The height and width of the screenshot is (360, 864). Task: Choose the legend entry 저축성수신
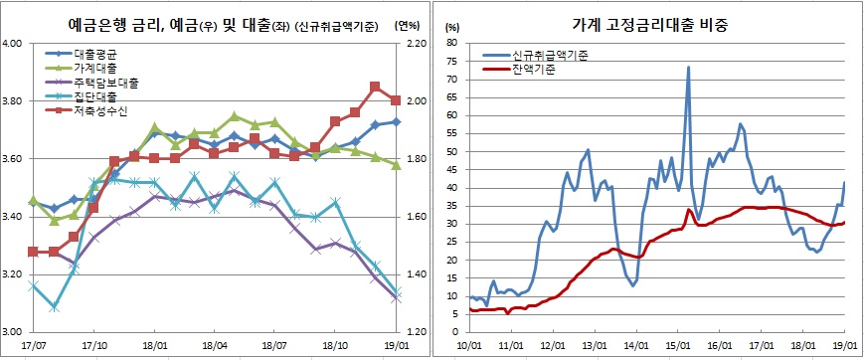(103, 112)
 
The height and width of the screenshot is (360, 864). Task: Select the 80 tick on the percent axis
(451, 44)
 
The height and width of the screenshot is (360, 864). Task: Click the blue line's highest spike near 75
(688, 68)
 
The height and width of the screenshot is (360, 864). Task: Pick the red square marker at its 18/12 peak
(375, 87)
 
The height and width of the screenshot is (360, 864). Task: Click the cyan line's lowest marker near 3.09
(54, 307)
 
